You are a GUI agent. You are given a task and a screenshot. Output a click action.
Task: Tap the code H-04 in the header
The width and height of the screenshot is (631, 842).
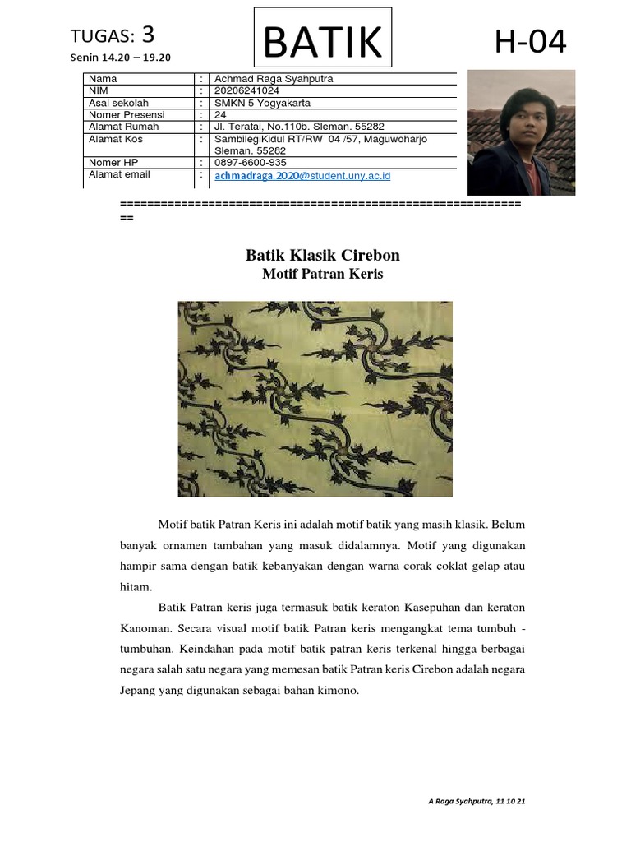[530, 41]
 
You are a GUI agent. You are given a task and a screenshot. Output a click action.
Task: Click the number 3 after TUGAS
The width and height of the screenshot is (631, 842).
[148, 35]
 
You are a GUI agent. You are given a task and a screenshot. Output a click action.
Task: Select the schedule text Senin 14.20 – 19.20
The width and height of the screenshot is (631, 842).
[121, 58]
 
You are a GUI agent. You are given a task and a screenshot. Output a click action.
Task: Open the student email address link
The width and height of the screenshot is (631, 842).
[302, 176]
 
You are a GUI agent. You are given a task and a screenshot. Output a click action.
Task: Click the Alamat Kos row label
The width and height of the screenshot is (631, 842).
[116, 139]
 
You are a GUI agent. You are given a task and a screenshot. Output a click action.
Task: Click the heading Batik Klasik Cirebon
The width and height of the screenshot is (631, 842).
[323, 256]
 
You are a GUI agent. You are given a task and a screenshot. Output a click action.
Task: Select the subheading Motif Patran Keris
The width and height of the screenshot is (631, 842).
[323, 275]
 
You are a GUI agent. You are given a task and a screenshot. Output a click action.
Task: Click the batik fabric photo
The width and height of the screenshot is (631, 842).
[315, 399]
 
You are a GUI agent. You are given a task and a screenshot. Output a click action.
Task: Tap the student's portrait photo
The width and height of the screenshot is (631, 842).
[521, 132]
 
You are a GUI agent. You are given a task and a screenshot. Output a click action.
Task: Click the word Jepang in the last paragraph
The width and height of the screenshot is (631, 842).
[138, 691]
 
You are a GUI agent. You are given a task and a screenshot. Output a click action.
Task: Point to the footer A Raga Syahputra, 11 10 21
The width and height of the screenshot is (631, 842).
[477, 801]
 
